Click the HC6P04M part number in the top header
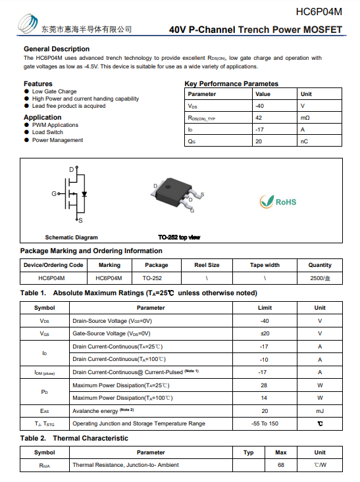(319, 11)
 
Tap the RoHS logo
(278, 201)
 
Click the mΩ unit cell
(305, 118)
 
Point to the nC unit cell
(304, 141)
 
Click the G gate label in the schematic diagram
(55, 194)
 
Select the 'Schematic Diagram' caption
(71, 237)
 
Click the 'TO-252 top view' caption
(179, 237)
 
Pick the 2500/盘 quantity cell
(320, 278)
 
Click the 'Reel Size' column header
(207, 265)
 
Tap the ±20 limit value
(265, 333)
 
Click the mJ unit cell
(320, 410)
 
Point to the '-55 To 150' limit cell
(265, 423)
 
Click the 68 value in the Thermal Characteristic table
(280, 465)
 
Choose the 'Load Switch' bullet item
(47, 132)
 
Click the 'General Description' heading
(57, 49)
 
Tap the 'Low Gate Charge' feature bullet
(55, 91)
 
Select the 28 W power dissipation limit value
(265, 385)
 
